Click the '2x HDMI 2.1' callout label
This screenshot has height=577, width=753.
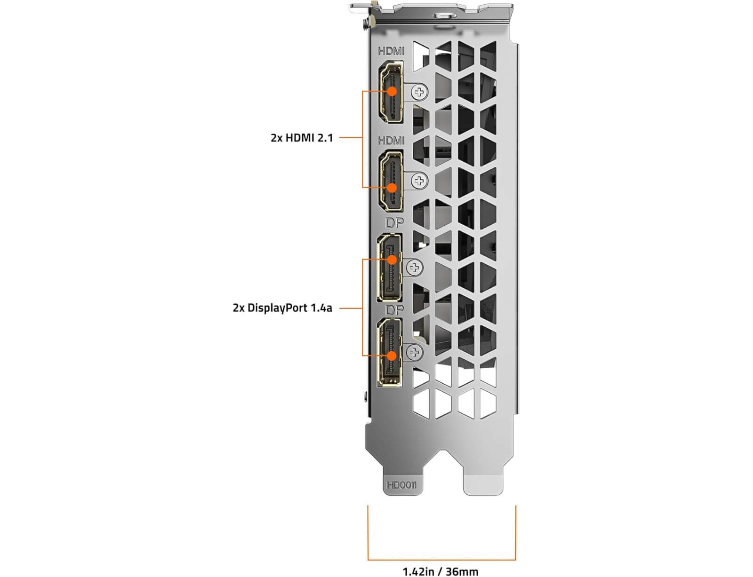coord(302,138)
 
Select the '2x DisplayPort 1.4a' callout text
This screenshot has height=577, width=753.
coord(282,308)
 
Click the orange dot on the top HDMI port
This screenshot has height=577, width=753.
coord(392,91)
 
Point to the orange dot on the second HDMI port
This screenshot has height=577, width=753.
coord(392,188)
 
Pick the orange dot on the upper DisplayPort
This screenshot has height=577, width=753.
coord(392,260)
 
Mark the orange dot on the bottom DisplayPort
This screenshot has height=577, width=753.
coord(392,356)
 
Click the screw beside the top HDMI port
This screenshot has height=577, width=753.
coord(419,92)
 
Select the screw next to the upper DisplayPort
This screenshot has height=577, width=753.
coord(415,267)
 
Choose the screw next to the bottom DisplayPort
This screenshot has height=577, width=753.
coord(415,353)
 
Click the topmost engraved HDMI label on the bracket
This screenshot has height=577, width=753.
coord(391,51)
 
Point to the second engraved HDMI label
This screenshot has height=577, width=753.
coord(391,141)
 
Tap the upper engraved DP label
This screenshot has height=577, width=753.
coord(395,223)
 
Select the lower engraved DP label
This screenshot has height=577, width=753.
coord(395,310)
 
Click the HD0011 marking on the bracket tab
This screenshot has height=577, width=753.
coord(401,485)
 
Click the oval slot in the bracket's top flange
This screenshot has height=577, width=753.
coord(445,15)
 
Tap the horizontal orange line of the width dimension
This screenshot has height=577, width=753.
coord(442,560)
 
